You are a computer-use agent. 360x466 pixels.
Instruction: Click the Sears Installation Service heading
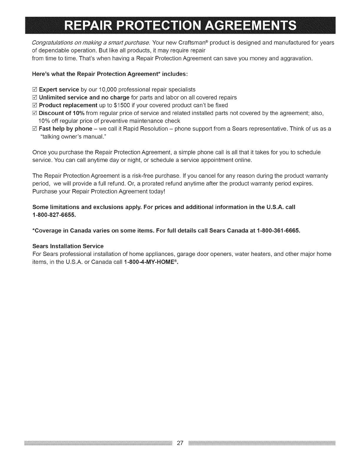point(68,246)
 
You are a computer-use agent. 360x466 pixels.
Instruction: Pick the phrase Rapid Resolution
point(146,129)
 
